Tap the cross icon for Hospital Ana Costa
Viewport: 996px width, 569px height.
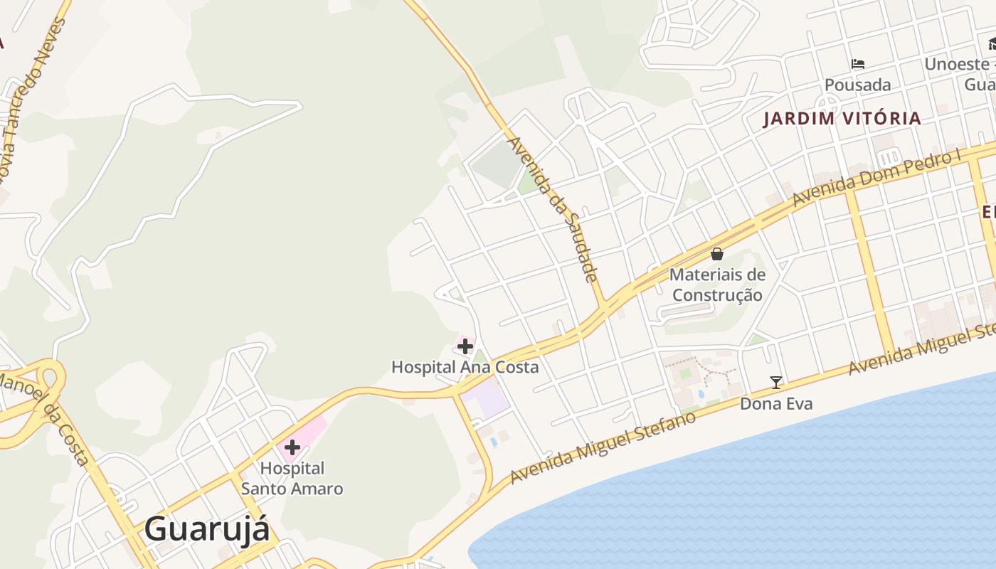point(465,346)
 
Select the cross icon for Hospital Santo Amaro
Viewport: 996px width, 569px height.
point(292,447)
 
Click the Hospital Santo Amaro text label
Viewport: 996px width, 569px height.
point(292,479)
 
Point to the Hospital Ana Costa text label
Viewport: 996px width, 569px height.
point(465,367)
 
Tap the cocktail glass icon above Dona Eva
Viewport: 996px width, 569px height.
point(775,383)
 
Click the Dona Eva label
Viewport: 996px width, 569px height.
point(776,404)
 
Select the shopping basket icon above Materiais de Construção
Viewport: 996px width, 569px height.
point(717,254)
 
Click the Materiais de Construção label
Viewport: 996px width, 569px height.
point(717,284)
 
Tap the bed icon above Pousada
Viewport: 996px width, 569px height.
point(858,64)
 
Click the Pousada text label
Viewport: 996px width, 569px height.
point(857,85)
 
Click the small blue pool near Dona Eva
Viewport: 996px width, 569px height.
point(701,393)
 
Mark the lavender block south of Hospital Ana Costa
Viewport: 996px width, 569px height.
point(488,401)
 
